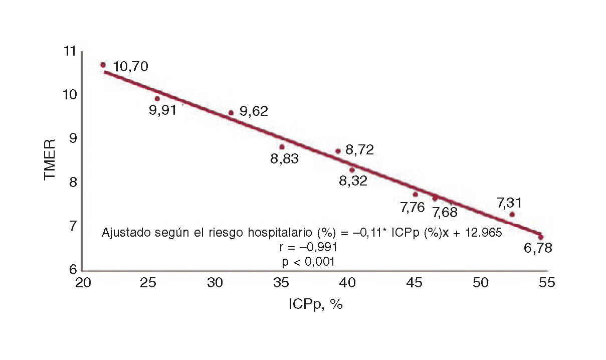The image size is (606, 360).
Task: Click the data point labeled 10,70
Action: [x=103, y=65]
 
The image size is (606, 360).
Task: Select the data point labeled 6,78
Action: [x=541, y=237]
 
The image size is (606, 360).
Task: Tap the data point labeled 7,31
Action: [x=512, y=214]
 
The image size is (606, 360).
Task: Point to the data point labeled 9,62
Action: [x=231, y=113]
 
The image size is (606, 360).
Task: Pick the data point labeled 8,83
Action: [x=282, y=147]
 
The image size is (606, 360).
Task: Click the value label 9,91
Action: [x=163, y=110]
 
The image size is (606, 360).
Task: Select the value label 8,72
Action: [x=359, y=149]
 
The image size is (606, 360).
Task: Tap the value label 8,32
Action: [x=353, y=181]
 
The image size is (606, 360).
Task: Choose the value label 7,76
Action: [x=413, y=207]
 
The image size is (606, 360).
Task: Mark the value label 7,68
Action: [x=445, y=212]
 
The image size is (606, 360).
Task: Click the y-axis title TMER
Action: [x=50, y=160]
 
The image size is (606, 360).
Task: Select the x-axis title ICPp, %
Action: [x=315, y=304]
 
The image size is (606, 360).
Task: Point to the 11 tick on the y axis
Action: [x=70, y=51]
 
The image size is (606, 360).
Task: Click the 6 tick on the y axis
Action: [x=73, y=270]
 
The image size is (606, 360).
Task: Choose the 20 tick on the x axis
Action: [x=82, y=282]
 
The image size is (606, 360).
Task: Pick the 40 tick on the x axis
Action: [x=348, y=282]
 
